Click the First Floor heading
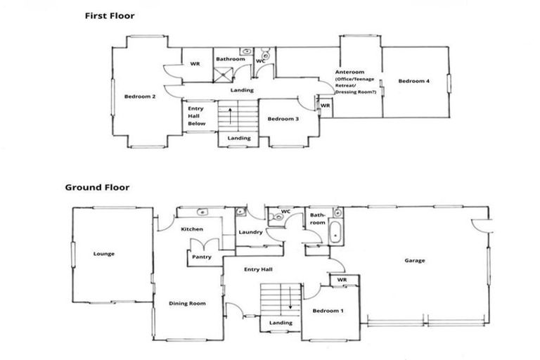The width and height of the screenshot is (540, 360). coord(110,15)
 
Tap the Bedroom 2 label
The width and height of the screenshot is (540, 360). coord(140,96)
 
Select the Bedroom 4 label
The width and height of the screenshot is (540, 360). coord(413,82)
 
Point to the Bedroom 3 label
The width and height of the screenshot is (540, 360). coord(283,119)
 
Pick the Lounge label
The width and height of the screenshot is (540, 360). coord(103,254)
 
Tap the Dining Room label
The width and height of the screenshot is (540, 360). coord(187,303)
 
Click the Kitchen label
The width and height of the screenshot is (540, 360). coord(192,230)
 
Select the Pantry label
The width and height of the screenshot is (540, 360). coord(202,257)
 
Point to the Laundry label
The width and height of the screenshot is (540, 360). coord(250,232)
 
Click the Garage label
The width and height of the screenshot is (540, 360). coord(414,260)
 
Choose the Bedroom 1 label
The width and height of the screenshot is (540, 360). coord(328,310)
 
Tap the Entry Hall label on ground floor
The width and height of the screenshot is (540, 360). coord(258,269)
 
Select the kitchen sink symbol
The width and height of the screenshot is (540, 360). coord(202,211)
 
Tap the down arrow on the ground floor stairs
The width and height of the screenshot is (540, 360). coord(289,296)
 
